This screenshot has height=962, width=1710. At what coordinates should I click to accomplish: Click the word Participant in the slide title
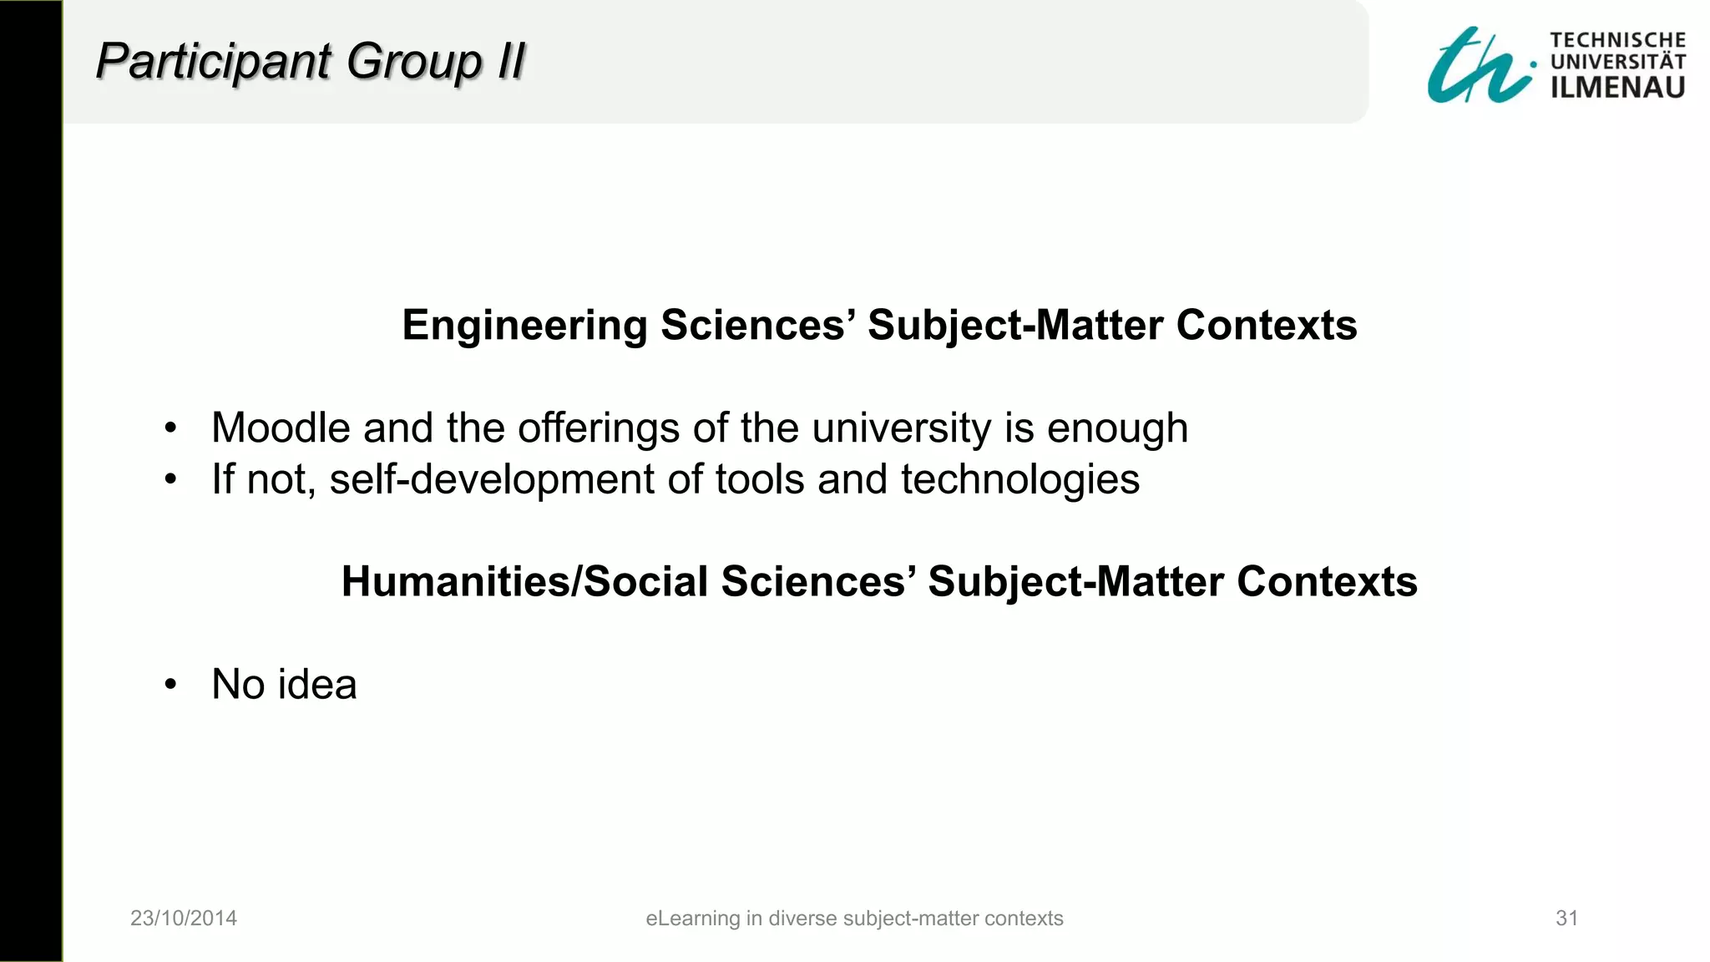214,62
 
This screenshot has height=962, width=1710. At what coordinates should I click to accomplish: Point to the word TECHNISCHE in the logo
1617,40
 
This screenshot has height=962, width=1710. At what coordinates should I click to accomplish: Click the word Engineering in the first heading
524,325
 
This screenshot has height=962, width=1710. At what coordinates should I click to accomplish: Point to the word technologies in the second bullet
1019,480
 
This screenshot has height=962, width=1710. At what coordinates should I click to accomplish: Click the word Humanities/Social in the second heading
524,581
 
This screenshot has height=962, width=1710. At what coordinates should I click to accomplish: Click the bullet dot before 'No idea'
171,685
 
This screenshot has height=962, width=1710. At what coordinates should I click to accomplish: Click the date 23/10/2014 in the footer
184,919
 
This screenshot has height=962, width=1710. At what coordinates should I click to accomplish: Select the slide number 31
1566,919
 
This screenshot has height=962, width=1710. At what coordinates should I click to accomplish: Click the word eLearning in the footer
692,919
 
